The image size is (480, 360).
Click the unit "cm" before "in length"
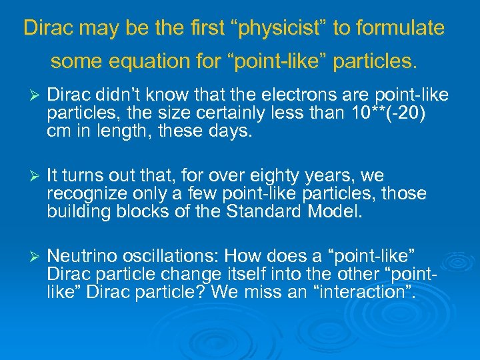click(x=58, y=131)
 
